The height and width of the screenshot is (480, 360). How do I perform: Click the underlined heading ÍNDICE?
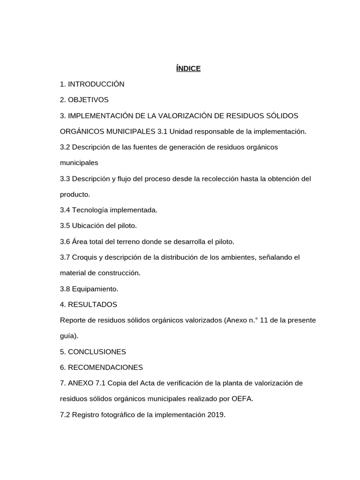[188, 68]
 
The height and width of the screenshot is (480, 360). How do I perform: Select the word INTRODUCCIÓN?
[96, 84]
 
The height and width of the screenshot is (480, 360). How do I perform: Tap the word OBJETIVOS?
[88, 100]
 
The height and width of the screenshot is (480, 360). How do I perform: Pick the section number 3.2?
[65, 147]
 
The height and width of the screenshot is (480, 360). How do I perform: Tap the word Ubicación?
[88, 226]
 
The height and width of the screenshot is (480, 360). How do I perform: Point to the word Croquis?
[84, 257]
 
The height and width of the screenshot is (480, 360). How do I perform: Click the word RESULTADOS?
[92, 305]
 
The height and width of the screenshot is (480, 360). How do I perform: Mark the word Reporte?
[73, 320]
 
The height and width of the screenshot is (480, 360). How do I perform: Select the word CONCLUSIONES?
[97, 352]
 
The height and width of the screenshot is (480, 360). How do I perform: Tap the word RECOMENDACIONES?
[105, 367]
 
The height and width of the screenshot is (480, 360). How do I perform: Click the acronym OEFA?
[243, 399]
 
